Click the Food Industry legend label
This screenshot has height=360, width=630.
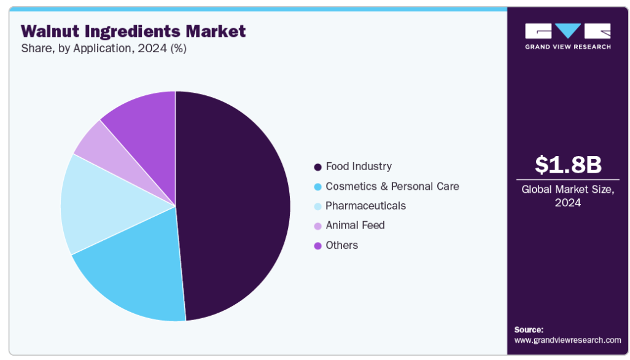coord(359,166)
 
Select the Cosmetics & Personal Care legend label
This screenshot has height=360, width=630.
coord(392,186)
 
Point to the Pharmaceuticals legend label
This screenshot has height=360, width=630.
coord(365,206)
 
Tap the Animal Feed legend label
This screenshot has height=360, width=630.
coord(355,225)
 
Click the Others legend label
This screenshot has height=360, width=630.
coord(341,245)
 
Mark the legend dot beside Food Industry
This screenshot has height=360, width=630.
coord(318,167)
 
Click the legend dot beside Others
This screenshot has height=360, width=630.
coord(318,246)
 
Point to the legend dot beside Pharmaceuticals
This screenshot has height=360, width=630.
coord(318,206)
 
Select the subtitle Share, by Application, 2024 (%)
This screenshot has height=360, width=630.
coord(104,49)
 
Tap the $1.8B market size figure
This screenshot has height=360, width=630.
coord(568,165)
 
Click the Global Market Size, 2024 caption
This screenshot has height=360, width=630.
coord(568,196)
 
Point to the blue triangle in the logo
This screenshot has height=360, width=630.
coord(568,29)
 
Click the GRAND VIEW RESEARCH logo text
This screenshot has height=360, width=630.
coord(568,47)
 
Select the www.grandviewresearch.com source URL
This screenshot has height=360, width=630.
coord(567,340)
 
